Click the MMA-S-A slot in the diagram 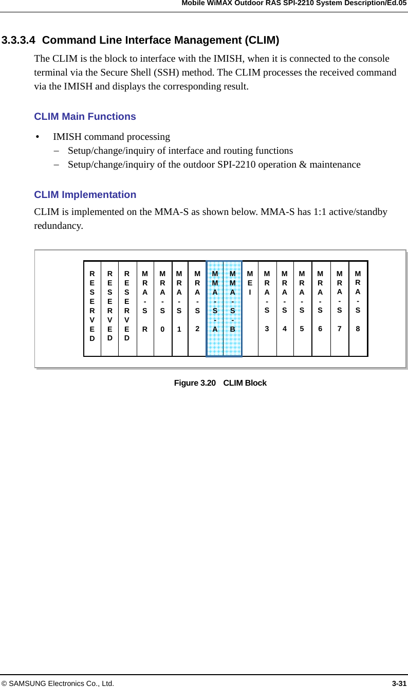(215, 309)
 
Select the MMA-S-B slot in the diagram (233, 309)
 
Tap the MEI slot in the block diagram (250, 309)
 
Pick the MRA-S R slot (145, 309)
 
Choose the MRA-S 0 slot (162, 309)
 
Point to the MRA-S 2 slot (197, 309)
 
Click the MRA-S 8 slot (358, 309)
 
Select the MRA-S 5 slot (302, 309)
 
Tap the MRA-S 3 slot (267, 309)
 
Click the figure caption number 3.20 (207, 383)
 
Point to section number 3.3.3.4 (18, 41)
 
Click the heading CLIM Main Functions (85, 117)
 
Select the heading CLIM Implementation (85, 195)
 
